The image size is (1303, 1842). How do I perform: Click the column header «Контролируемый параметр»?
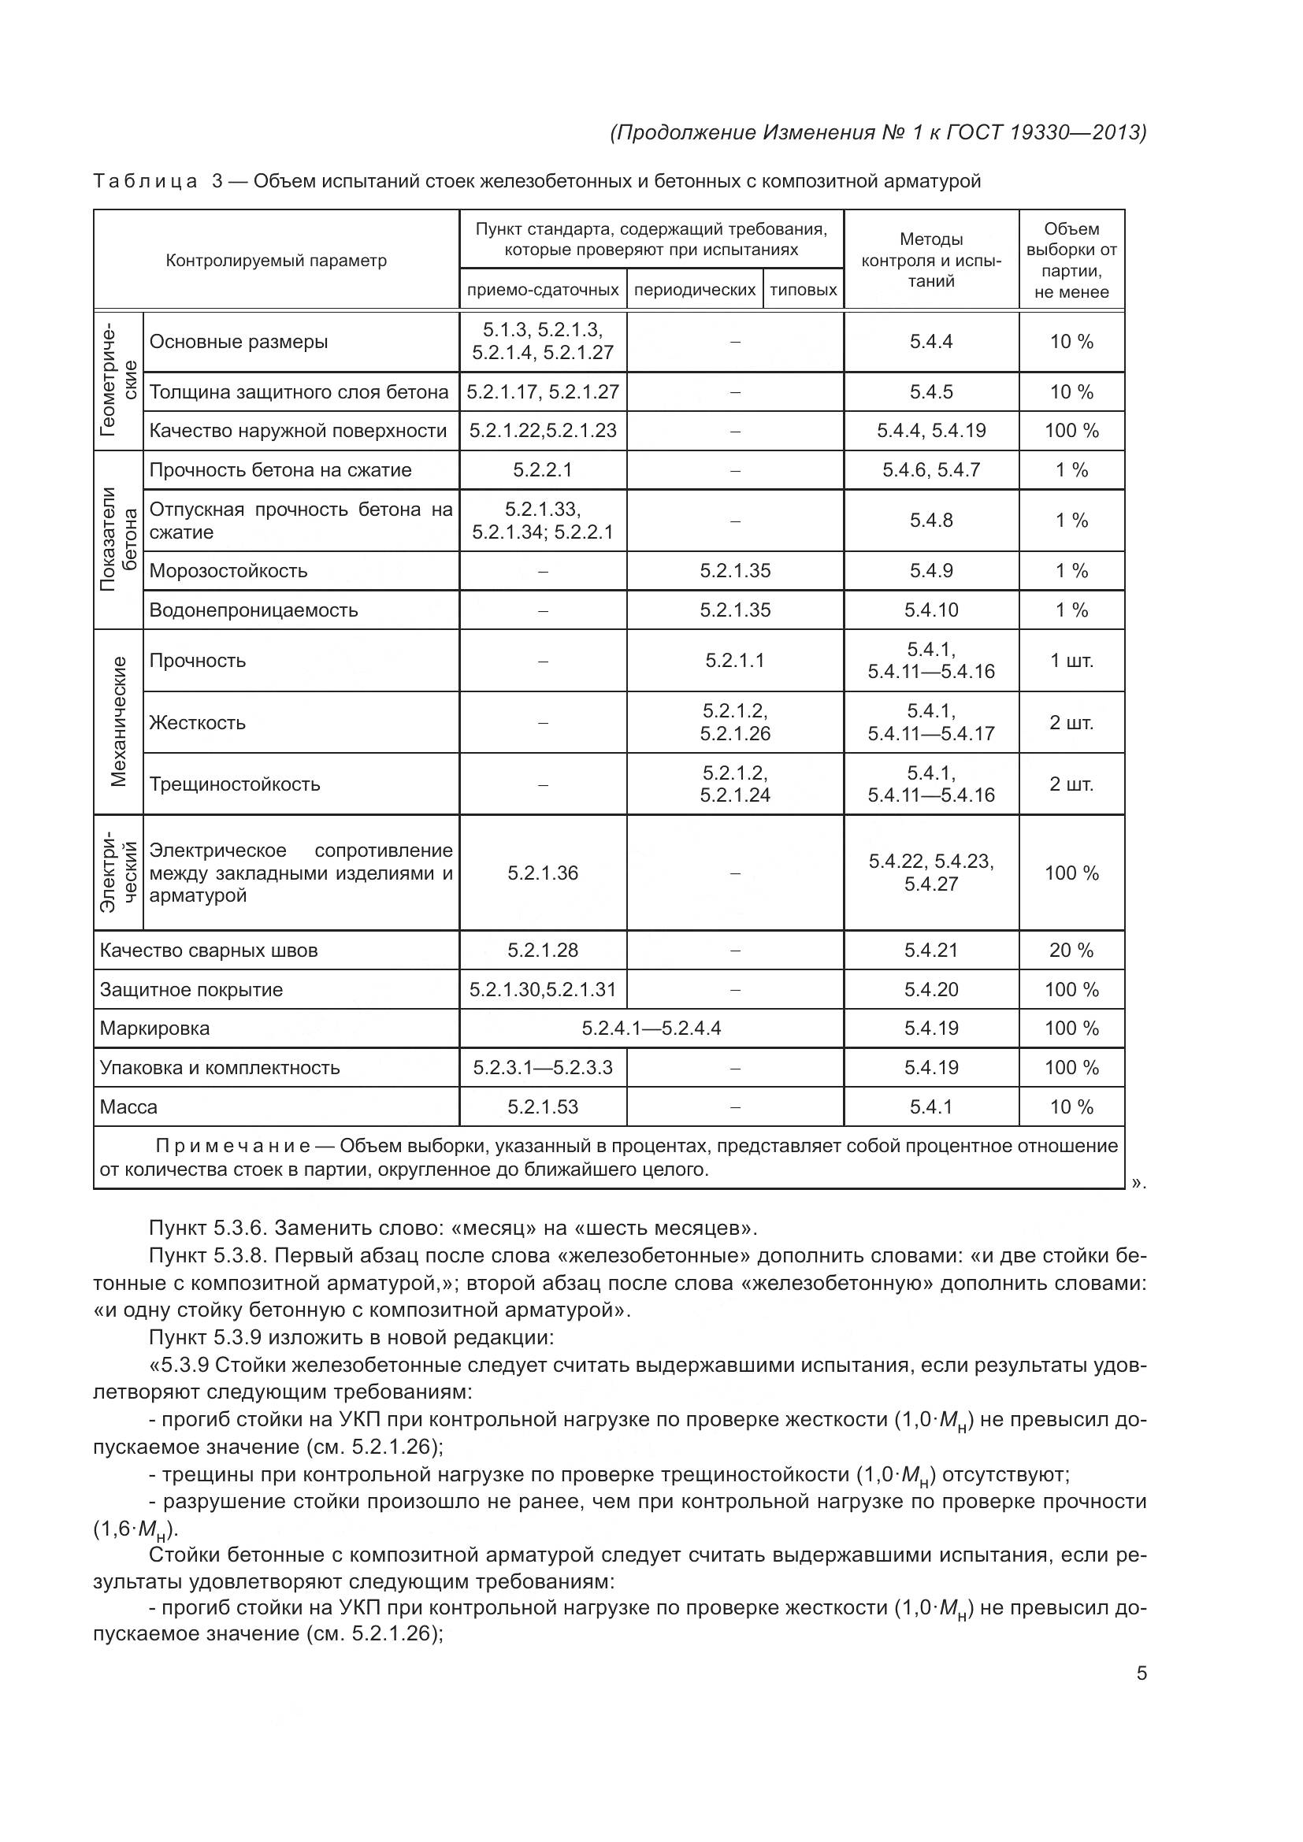[276, 261]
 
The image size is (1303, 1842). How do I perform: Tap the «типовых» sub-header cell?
[803, 290]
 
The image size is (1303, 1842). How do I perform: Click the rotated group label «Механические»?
[119, 721]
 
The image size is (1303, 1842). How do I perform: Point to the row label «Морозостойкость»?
[228, 571]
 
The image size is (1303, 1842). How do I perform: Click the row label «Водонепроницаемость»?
[254, 610]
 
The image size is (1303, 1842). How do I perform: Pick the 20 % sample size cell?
[1071, 950]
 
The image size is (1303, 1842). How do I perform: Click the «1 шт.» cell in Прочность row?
[1071, 660]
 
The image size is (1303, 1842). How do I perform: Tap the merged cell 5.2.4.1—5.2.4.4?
[651, 1028]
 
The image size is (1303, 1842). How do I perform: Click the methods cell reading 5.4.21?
[930, 950]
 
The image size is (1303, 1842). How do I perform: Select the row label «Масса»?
[128, 1107]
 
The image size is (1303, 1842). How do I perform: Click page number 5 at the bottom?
[1141, 1673]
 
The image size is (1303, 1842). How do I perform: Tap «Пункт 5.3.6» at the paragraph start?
[209, 1229]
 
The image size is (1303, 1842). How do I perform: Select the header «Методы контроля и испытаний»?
[930, 260]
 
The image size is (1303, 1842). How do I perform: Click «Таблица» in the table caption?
[144, 181]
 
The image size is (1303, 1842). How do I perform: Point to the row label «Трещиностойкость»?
[234, 784]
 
